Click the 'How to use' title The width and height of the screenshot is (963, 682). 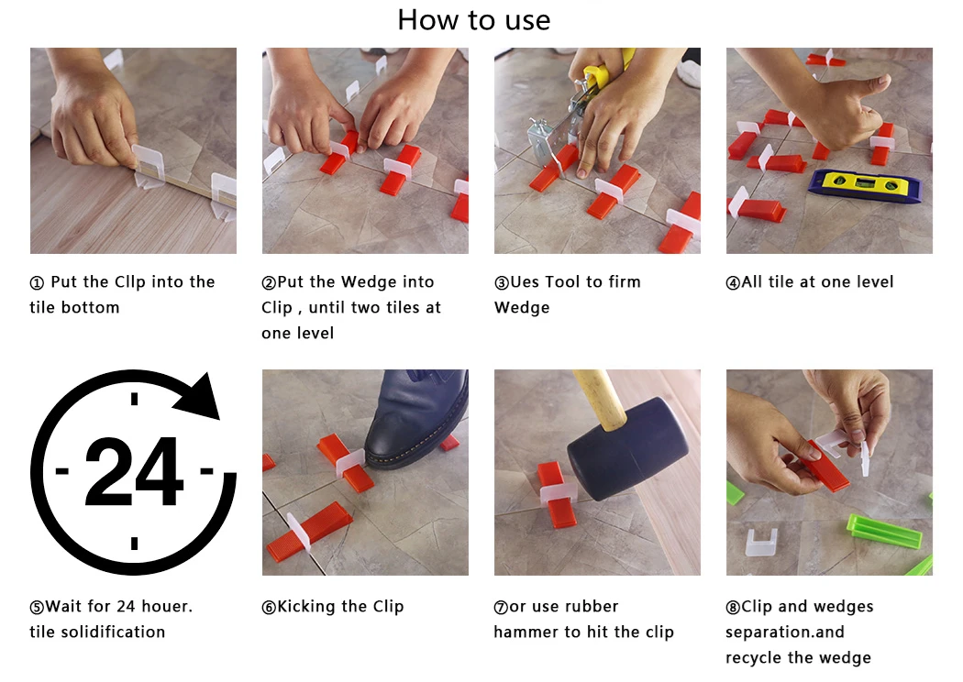(x=473, y=19)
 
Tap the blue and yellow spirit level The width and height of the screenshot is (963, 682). (x=865, y=186)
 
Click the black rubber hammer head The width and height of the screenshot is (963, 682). (x=627, y=448)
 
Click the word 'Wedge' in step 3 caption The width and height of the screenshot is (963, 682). (x=522, y=308)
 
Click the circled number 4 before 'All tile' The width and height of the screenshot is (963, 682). (x=733, y=283)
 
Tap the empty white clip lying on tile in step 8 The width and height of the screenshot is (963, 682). (x=761, y=542)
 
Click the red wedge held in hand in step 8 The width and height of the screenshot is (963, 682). (x=826, y=467)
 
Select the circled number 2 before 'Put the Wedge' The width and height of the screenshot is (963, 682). (x=269, y=283)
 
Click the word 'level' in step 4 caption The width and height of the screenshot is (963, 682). (x=875, y=281)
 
